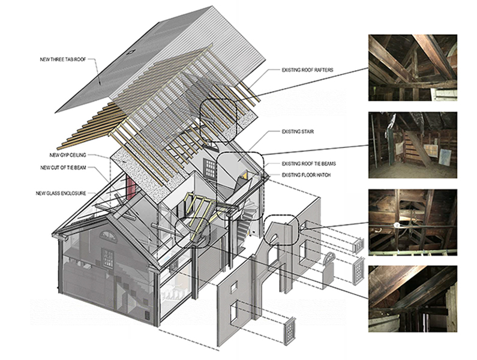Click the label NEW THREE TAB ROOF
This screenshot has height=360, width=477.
point(67,58)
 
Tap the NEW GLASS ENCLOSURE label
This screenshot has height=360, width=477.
point(66,193)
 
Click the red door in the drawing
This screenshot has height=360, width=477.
point(130,188)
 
